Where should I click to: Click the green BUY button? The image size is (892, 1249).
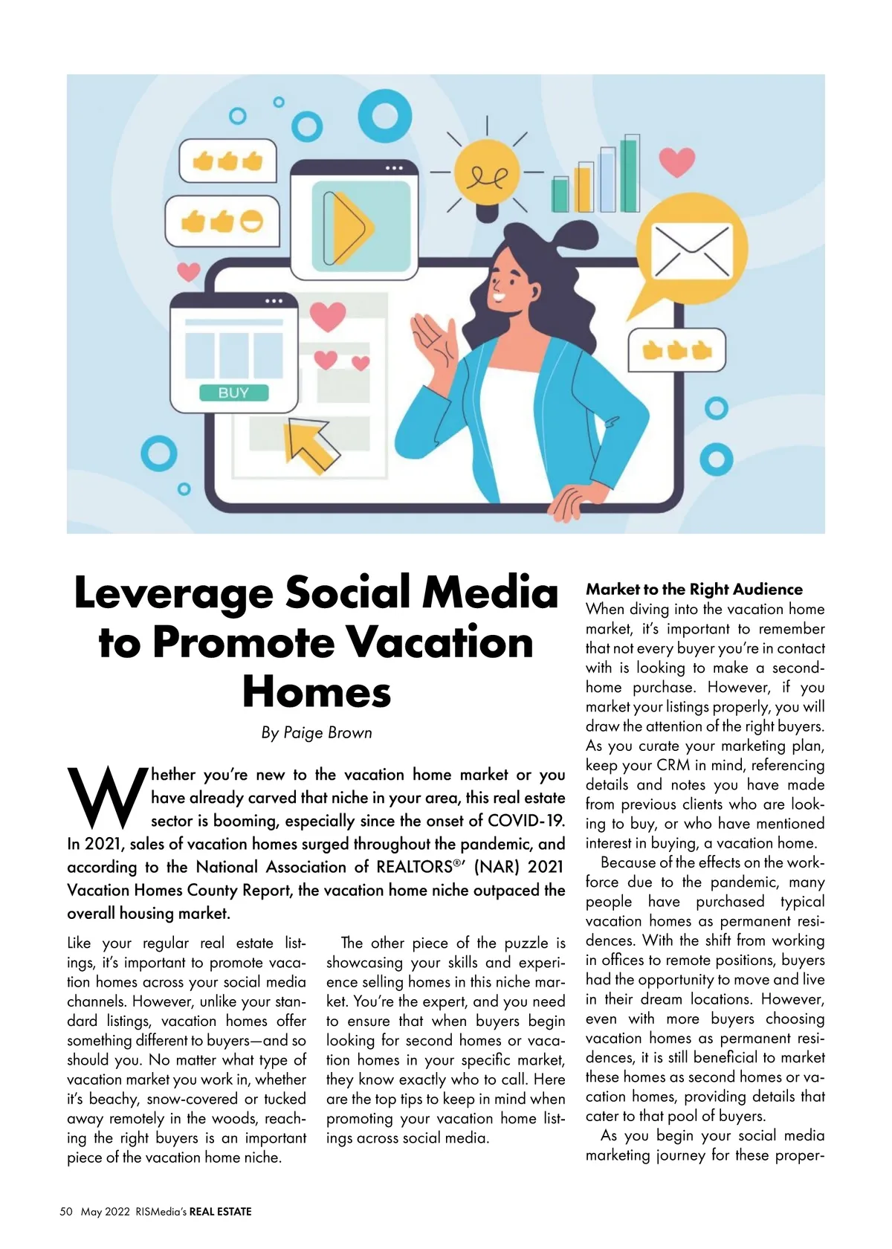[x=233, y=393]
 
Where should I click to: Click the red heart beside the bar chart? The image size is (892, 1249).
[x=676, y=161]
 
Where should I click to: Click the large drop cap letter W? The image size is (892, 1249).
[x=106, y=798]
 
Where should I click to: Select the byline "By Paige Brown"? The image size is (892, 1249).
[x=317, y=732]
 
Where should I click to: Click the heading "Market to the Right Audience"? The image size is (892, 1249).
[x=694, y=590]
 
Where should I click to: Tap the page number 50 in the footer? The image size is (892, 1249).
[x=66, y=1212]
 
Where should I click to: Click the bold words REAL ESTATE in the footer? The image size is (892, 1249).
[x=220, y=1212]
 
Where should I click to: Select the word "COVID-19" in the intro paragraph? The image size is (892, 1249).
[x=526, y=821]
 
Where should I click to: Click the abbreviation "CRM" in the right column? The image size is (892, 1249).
[x=673, y=765]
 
